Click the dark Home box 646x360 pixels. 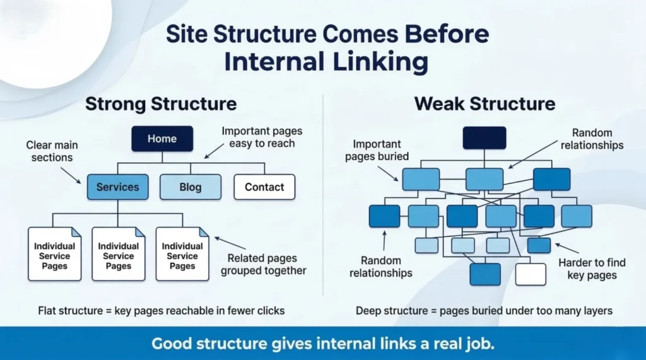click(x=161, y=139)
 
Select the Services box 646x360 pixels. click(x=117, y=187)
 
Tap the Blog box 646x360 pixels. click(x=190, y=187)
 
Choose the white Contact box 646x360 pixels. click(x=264, y=187)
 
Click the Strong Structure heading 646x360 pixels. click(x=161, y=103)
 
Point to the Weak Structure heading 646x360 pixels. click(x=484, y=103)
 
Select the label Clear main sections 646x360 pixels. click(x=52, y=151)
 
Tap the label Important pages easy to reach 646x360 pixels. click(x=261, y=137)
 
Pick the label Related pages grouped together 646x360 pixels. click(x=267, y=265)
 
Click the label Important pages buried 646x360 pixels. click(x=377, y=150)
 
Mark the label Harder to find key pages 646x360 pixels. click(x=591, y=269)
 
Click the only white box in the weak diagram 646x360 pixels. click(x=530, y=274)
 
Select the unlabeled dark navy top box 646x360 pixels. click(x=484, y=138)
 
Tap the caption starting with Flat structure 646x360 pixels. click(x=161, y=311)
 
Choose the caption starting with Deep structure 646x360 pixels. click(x=484, y=311)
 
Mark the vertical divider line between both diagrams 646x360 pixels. click(x=323, y=195)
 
